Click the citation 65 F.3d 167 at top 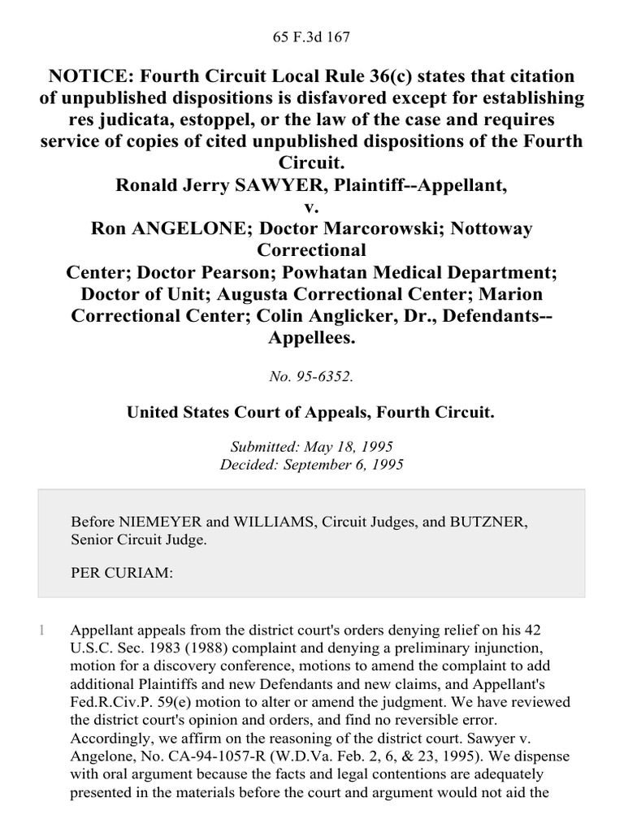pyautogui.click(x=312, y=37)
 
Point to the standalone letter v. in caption pyautogui.click(x=312, y=207)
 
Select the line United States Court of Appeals pyautogui.click(x=310, y=413)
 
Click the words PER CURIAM pyautogui.click(x=122, y=573)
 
